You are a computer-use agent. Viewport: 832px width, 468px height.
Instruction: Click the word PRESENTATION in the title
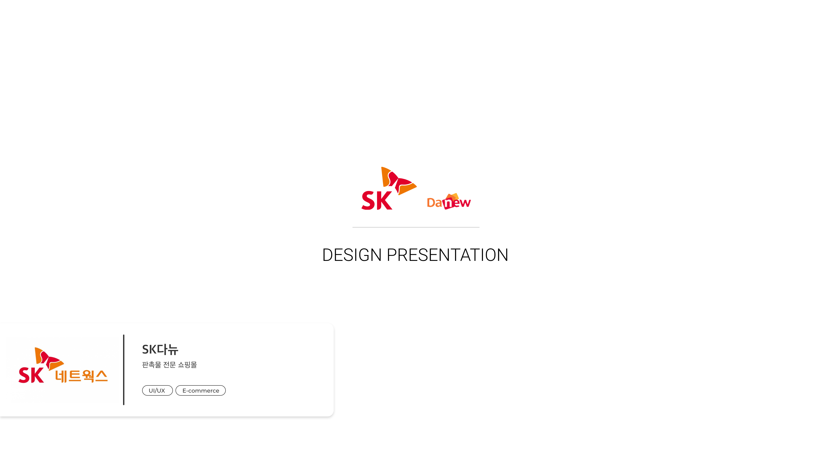[x=448, y=255]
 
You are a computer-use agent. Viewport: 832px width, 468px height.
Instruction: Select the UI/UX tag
[x=157, y=390]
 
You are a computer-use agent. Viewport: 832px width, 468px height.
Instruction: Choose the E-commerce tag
[x=201, y=390]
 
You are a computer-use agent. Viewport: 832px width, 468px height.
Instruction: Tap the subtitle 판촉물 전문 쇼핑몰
[x=169, y=365]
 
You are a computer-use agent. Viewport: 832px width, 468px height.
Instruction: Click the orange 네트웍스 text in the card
[x=81, y=376]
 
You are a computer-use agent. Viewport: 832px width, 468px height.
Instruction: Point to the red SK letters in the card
[x=31, y=375]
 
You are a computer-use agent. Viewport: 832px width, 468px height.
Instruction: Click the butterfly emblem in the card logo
[x=49, y=359]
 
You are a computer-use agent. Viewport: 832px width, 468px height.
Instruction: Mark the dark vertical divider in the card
[x=124, y=370]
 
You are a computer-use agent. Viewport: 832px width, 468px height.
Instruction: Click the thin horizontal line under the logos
[x=416, y=227]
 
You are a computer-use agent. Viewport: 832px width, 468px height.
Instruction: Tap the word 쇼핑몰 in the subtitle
[x=187, y=365]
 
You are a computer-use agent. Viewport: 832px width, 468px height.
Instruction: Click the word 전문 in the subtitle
[x=169, y=365]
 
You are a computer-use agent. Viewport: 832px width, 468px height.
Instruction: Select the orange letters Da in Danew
[x=434, y=203]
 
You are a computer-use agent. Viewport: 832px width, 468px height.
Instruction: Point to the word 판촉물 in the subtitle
[x=151, y=365]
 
